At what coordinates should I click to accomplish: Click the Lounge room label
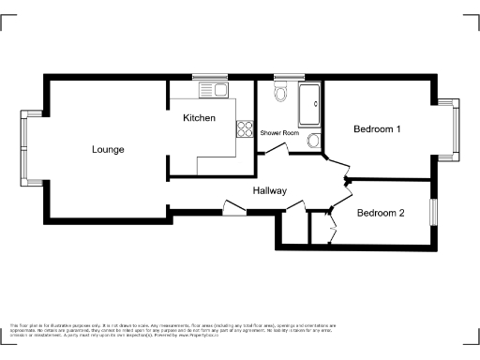pos(108,149)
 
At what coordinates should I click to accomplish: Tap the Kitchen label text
pos(199,118)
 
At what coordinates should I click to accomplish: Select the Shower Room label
pos(279,133)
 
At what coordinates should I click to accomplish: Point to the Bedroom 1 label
pos(377,129)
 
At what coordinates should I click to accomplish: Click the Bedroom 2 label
pos(380,213)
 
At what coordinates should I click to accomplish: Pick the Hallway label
pos(269,190)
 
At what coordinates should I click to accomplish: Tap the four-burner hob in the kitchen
pos(246,127)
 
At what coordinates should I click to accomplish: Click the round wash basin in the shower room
pos(314,141)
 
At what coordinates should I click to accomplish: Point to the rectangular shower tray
pos(308,104)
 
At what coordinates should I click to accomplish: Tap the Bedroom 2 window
pos(433,212)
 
